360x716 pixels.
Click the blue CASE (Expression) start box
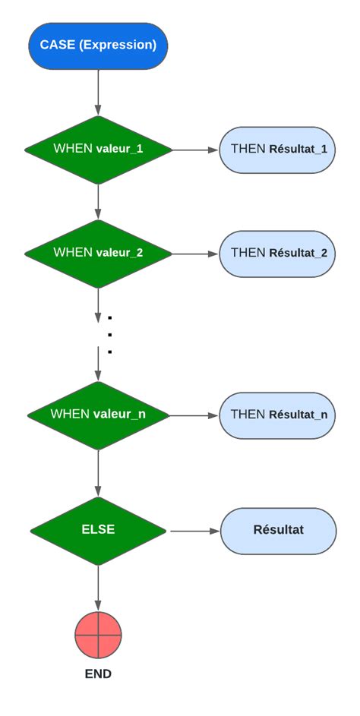(98, 46)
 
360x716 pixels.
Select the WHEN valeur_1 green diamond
(98, 150)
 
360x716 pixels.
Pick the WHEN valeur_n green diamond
(98, 415)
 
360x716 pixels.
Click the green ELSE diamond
(98, 530)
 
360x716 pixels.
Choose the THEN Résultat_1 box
(278, 150)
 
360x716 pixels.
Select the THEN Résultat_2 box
(278, 254)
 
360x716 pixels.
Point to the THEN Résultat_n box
(278, 415)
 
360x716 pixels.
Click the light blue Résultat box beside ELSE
(278, 530)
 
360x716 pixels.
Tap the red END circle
(98, 635)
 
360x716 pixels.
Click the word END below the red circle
(98, 674)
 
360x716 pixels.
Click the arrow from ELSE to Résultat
(194, 531)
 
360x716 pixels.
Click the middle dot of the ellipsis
(110, 335)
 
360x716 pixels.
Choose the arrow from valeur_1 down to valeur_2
(98, 201)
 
